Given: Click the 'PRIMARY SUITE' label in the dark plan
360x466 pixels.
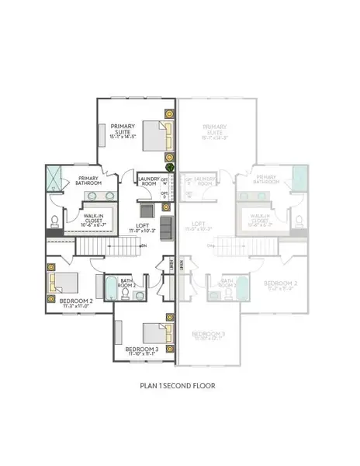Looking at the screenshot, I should click(x=123, y=130).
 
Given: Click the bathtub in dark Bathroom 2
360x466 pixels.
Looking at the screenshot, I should click(x=111, y=290).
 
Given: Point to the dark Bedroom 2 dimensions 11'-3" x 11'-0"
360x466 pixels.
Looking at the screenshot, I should click(x=60, y=306).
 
